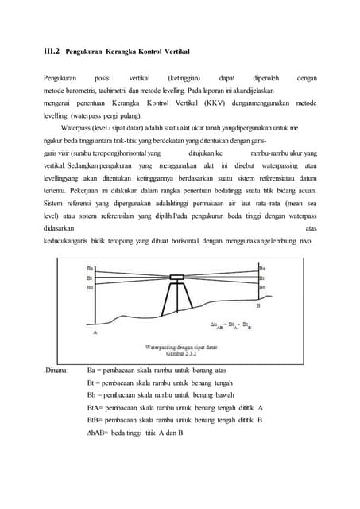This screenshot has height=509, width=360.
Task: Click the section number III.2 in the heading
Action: tap(50, 52)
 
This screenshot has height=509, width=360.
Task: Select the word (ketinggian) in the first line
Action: tap(184, 78)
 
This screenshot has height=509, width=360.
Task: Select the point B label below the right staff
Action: tap(258, 305)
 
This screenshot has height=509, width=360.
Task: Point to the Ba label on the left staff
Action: tap(90, 269)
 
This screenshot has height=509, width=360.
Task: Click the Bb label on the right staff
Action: tap(262, 287)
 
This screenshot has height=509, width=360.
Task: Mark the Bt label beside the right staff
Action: tap(262, 278)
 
